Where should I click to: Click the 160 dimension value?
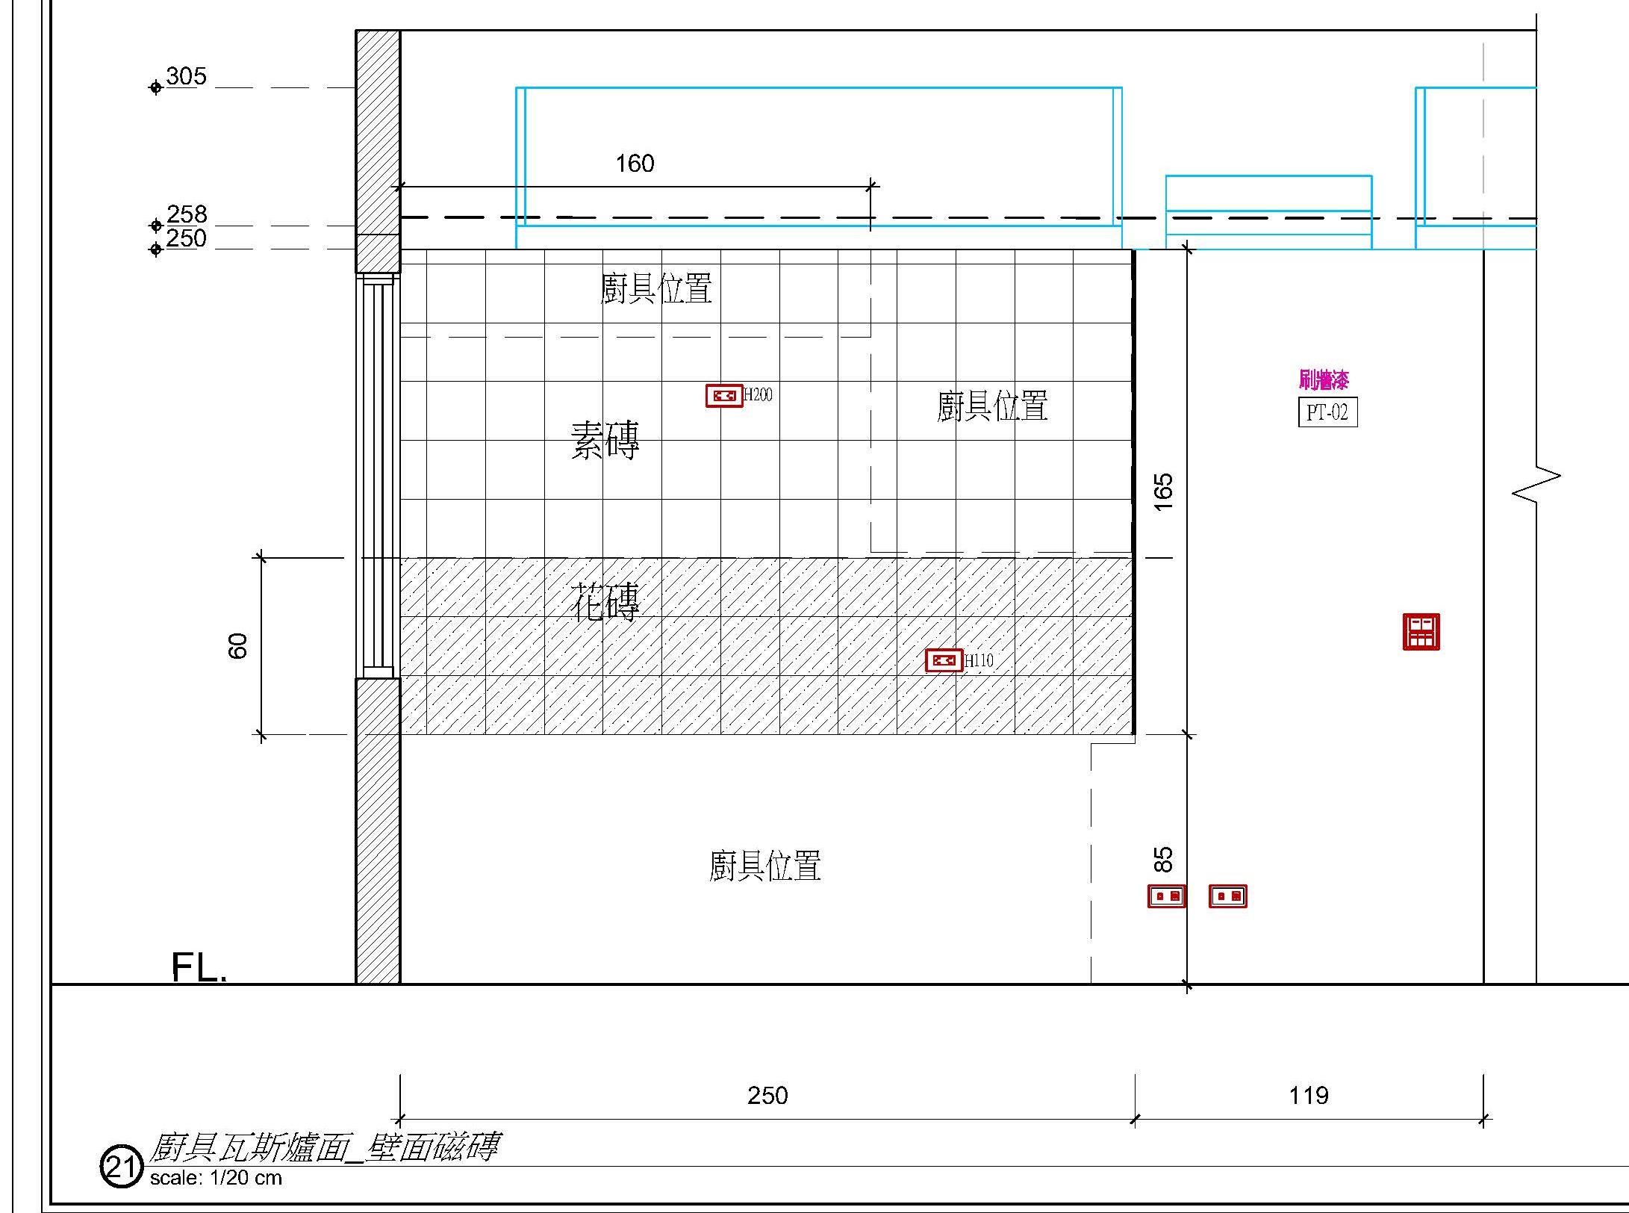click(x=635, y=164)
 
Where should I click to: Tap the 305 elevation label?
click(x=186, y=76)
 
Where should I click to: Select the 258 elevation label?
click(x=187, y=214)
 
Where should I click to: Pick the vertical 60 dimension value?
click(x=237, y=645)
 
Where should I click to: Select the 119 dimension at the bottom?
click(x=1309, y=1096)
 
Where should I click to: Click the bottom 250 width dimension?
click(x=767, y=1096)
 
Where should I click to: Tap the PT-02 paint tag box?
click(x=1327, y=412)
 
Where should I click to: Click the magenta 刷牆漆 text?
click(x=1324, y=381)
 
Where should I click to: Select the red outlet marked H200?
click(x=724, y=396)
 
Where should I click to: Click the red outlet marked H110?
click(x=944, y=660)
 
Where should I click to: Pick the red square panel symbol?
click(x=1421, y=632)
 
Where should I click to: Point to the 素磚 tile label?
click(x=605, y=440)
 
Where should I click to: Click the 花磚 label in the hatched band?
click(x=605, y=601)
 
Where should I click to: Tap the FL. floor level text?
click(x=199, y=967)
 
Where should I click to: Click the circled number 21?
click(x=121, y=1167)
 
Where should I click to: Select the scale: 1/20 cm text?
click(x=216, y=1179)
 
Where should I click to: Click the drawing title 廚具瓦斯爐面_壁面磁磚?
click(x=324, y=1147)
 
